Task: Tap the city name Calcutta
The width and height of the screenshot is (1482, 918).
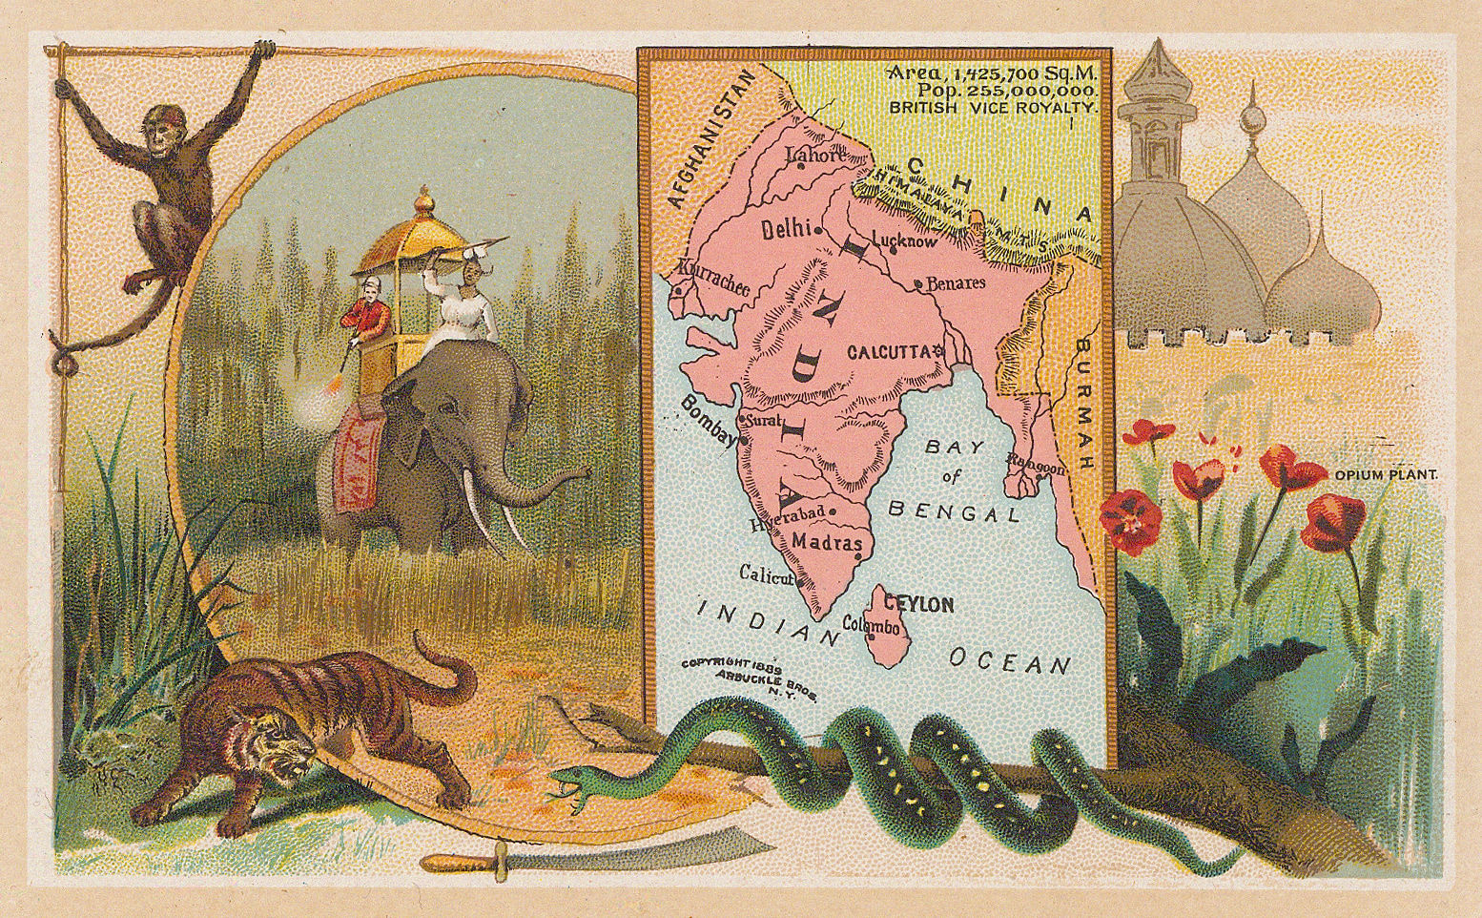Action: coord(888,351)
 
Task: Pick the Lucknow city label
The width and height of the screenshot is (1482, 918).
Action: coord(905,241)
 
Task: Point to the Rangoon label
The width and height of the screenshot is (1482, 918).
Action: coord(1035,468)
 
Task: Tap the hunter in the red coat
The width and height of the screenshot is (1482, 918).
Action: coord(366,315)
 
